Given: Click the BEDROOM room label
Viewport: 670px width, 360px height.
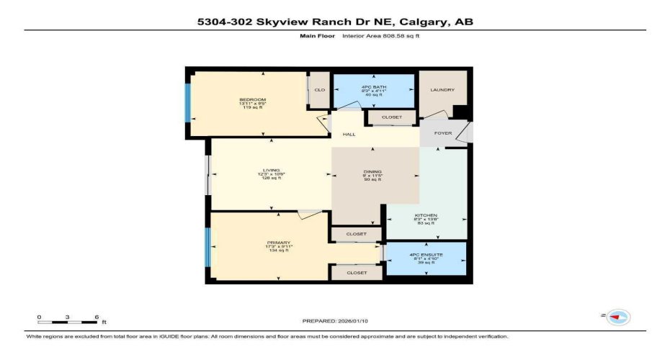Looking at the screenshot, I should pos(253,99).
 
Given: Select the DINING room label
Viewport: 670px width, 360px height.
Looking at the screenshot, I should pos(372,171).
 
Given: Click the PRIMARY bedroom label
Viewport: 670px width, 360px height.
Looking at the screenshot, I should pos(278,243).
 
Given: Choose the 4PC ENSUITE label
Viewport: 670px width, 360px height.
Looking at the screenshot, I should pos(426,255).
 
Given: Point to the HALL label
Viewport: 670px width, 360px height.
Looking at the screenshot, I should pos(349,134).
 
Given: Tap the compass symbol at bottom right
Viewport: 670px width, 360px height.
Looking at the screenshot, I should pos(619,317).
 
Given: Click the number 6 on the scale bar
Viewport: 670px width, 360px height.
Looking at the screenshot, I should pos(96,317).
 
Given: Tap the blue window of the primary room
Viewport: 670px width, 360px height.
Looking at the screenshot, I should pos(208,247).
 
